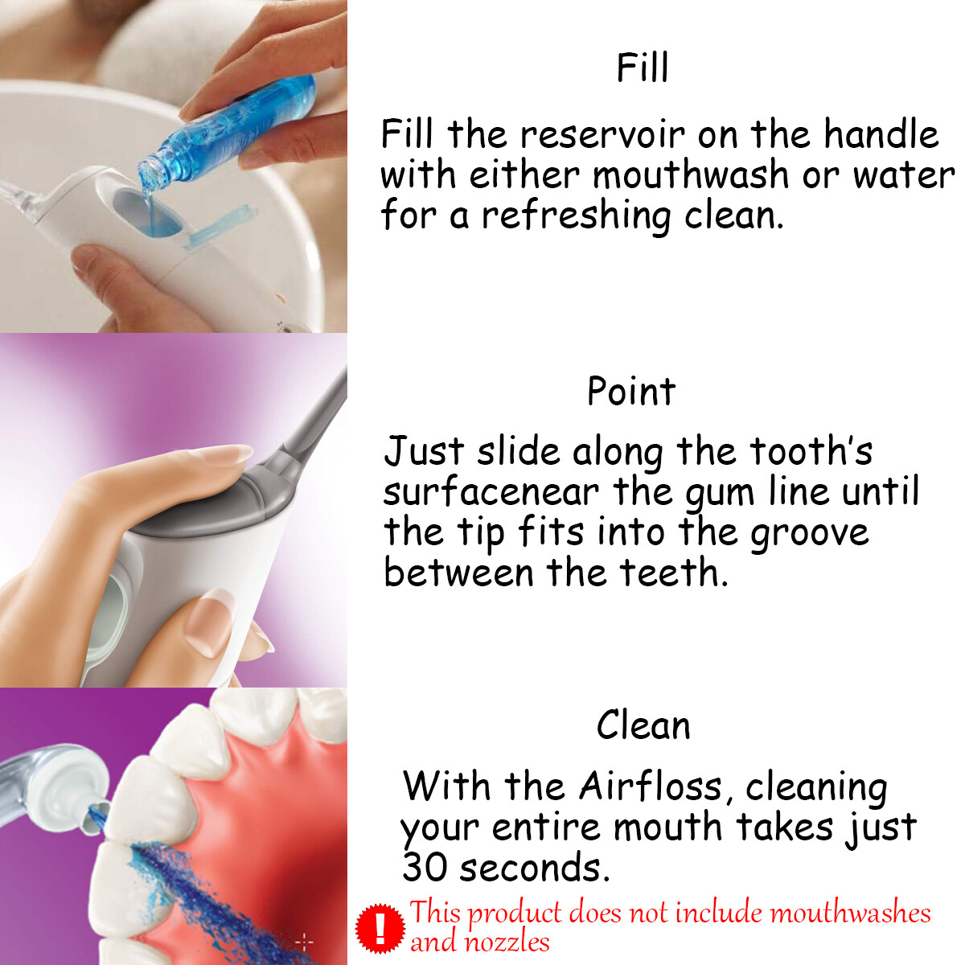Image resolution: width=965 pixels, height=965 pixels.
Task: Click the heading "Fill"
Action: pos(642,68)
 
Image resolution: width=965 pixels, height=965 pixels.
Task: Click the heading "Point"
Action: pos(631,392)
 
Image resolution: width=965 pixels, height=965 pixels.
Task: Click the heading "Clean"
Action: pos(643,725)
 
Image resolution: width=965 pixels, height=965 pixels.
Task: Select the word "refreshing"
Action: pos(576,216)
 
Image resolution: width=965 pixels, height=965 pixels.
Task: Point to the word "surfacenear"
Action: pos(491,492)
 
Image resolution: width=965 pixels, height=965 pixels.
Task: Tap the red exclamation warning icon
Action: pos(380,927)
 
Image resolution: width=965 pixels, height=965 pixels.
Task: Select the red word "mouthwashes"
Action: pos(850,914)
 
